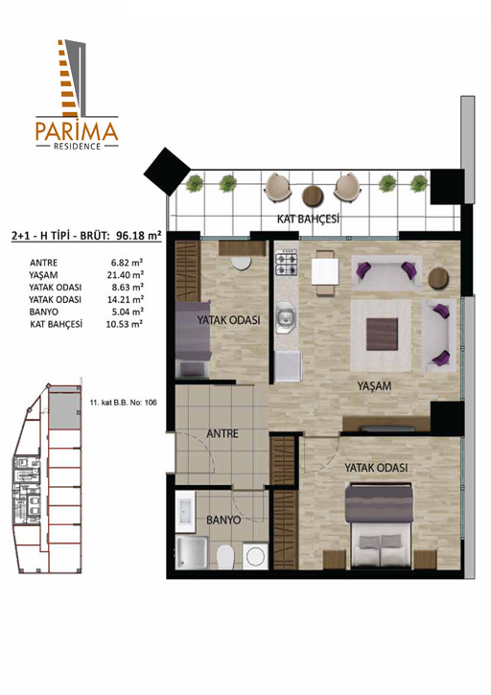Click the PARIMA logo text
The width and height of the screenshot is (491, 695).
(77, 130)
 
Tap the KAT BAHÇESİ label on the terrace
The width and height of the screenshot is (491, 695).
(308, 219)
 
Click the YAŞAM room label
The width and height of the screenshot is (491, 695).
(374, 386)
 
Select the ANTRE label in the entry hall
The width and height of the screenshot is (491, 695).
(222, 433)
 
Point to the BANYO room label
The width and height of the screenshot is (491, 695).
(223, 520)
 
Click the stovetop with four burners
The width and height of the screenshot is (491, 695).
(287, 263)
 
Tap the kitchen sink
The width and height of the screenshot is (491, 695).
(286, 317)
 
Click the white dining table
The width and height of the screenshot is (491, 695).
(325, 271)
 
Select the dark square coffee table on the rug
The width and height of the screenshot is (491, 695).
(382, 334)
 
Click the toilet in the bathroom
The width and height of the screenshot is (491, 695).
(224, 556)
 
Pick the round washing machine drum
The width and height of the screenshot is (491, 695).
(255, 556)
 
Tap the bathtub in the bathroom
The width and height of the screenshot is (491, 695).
(185, 512)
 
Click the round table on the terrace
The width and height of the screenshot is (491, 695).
(313, 196)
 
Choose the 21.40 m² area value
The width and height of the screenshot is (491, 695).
(125, 275)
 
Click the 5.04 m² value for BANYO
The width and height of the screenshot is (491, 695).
(127, 312)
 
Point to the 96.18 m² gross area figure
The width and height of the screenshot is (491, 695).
(138, 235)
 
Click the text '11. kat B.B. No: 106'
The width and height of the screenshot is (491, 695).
(123, 403)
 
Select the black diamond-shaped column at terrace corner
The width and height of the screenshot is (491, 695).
(167, 171)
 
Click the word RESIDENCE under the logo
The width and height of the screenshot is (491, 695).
(77, 147)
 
